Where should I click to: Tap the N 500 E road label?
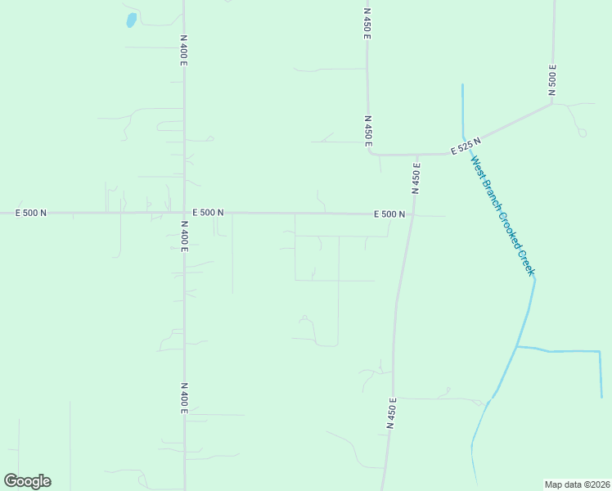point(552,79)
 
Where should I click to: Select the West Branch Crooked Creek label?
point(502,214)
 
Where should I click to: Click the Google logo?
point(27,481)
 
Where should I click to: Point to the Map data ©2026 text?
point(577,484)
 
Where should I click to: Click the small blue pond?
point(131,20)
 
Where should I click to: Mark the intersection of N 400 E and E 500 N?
point(184,213)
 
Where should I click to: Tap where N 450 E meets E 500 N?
point(411,215)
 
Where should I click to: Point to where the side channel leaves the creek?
point(517,347)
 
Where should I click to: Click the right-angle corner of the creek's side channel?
point(600,352)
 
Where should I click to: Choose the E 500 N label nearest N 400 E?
point(208,213)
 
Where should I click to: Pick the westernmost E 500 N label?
point(31,213)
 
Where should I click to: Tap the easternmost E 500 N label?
point(389,214)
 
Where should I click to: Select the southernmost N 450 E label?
point(391,414)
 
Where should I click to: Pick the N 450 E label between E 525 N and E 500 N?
point(416,179)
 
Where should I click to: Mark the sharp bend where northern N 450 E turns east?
point(370,151)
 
